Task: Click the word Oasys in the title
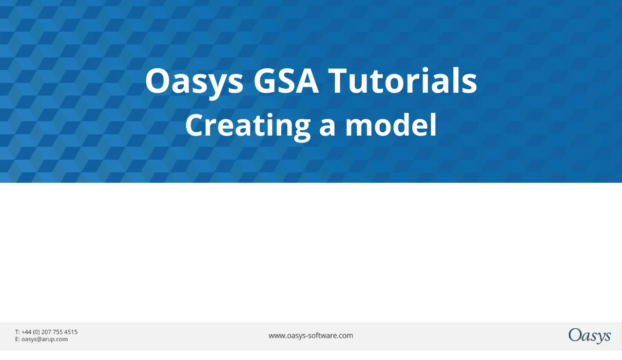coord(194,81)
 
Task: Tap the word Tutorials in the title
coord(403,80)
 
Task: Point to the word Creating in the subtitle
coord(248,125)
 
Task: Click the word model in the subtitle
coord(390,125)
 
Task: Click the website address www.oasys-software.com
coord(311,336)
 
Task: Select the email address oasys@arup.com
coord(44,339)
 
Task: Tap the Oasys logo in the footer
coord(589,336)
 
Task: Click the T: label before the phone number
coord(18,332)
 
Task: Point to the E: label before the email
coord(18,339)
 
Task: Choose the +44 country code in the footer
coord(26,332)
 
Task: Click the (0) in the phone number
coord(37,332)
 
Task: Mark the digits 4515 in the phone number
coord(71,332)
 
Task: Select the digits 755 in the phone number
coord(58,332)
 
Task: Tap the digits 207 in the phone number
coord(47,332)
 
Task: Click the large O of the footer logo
coord(574,335)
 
